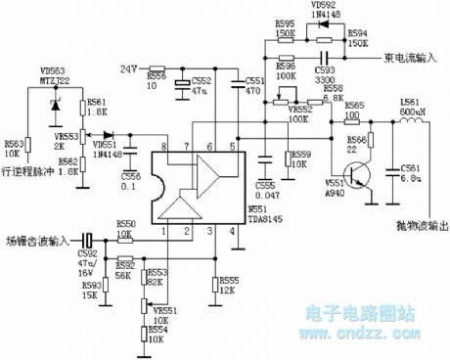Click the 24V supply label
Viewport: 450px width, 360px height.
point(130,69)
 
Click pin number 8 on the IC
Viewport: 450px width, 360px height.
point(168,147)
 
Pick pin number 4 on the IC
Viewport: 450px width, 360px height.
point(231,232)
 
